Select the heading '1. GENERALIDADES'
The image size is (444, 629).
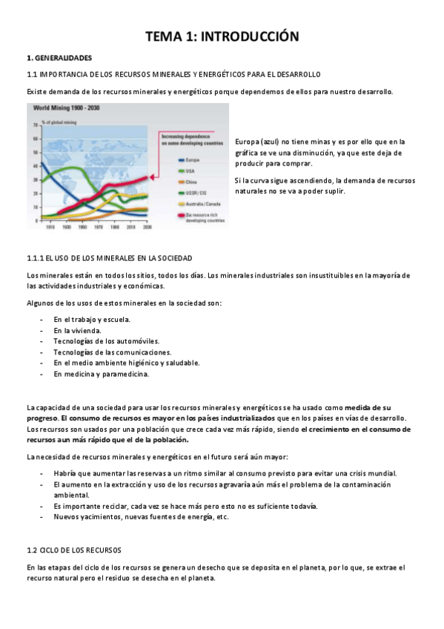point(59,57)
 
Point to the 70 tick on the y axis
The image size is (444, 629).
point(35,125)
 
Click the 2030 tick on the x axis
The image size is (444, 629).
point(147,228)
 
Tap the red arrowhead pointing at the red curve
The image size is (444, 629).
point(154,177)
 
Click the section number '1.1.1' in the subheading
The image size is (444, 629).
point(36,258)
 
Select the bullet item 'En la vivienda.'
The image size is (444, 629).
point(77,330)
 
